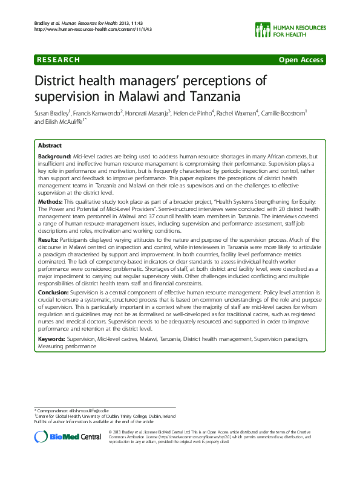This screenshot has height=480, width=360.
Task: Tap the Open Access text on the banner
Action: (x=301, y=59)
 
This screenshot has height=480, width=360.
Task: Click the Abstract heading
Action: (x=49, y=146)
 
